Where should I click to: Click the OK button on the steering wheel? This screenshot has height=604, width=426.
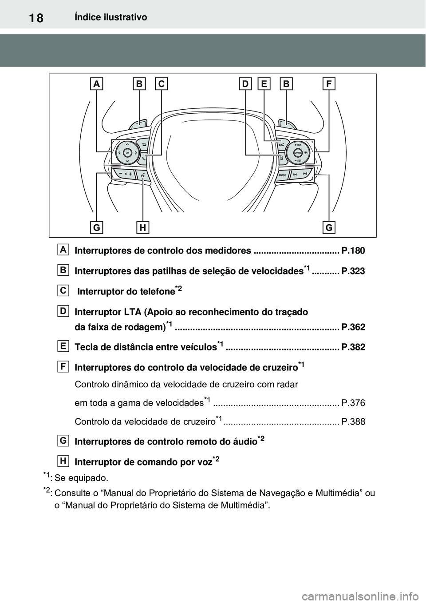click(127, 152)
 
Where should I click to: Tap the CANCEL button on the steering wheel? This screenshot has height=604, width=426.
click(297, 152)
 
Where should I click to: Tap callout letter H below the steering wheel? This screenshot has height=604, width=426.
click(143, 228)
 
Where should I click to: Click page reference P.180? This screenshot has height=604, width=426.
click(353, 251)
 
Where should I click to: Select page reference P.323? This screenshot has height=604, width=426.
click(353, 271)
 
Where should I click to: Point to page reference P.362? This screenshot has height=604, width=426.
click(353, 327)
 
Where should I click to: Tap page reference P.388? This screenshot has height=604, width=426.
click(353, 422)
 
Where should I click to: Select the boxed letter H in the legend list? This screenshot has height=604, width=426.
click(63, 461)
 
